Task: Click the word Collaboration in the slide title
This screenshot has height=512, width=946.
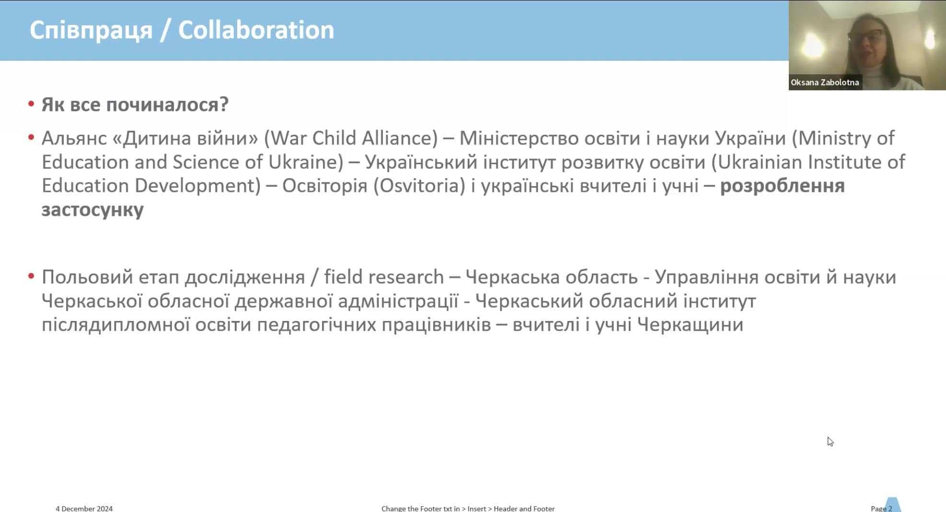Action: coord(256,30)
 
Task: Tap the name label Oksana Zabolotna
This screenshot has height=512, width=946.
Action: coord(825,83)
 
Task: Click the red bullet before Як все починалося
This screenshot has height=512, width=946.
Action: coord(31,104)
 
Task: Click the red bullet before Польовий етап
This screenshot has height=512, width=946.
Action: coord(31,276)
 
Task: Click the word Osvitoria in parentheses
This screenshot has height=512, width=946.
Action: coord(419,186)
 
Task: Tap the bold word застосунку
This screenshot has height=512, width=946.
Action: coord(92,210)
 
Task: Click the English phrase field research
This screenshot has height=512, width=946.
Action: coord(384,277)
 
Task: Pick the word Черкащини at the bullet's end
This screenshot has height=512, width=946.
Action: coord(690,325)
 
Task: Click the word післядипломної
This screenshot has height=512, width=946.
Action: coord(115,325)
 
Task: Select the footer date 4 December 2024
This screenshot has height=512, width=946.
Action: coord(84,508)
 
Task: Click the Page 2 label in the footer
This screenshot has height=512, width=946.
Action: coord(881,508)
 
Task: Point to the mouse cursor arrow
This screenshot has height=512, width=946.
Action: coord(830,441)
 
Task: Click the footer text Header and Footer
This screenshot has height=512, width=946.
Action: coord(524,508)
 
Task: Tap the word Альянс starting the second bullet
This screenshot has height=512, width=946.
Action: coord(74,138)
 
